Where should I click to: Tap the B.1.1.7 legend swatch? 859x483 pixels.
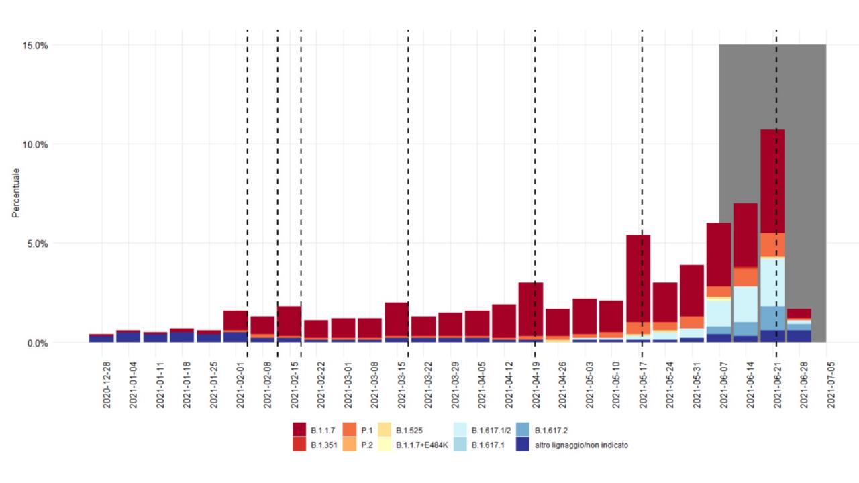point(300,429)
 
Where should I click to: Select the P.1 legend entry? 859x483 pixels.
point(366,430)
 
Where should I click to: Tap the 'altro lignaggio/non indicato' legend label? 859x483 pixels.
point(581,445)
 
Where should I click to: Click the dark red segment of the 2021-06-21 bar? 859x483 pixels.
point(772,181)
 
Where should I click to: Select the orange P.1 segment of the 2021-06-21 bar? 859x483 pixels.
point(772,244)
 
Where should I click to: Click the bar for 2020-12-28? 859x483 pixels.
point(101,338)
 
